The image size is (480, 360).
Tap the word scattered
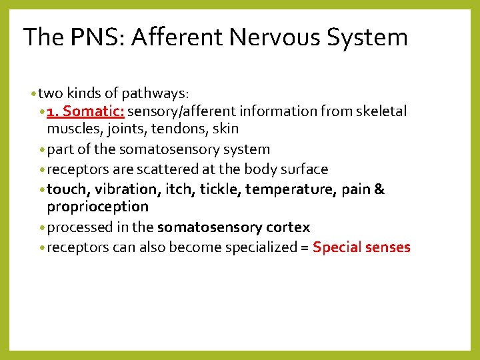159,169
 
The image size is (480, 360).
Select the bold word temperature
288,189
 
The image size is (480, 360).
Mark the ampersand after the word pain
379,189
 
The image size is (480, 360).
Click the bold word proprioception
97,207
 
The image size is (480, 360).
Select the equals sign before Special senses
303,248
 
